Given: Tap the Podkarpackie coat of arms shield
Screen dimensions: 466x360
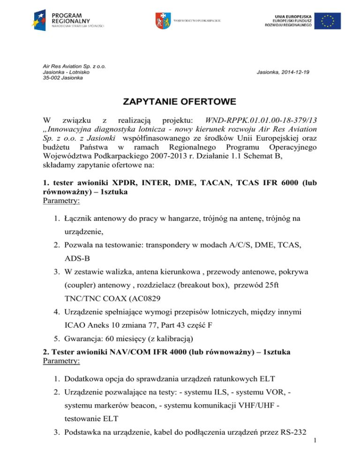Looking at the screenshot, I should pyautogui.click(x=160, y=20).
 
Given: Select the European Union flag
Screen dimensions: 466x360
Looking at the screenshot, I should pyautogui.click(x=328, y=21).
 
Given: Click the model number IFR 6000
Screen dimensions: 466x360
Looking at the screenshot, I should pyautogui.click(x=286, y=188).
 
